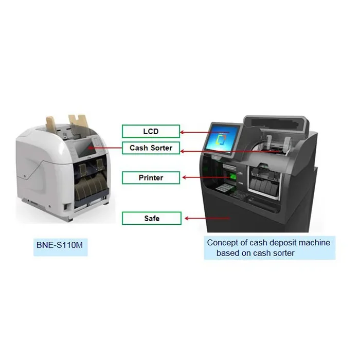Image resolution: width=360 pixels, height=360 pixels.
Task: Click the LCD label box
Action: [151, 132]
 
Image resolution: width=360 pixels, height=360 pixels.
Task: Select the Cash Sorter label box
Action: [151, 148]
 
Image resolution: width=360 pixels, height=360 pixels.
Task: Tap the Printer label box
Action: [151, 178]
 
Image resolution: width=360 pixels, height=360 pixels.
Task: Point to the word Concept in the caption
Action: [222, 242]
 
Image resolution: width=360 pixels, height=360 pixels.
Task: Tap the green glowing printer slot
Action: [233, 177]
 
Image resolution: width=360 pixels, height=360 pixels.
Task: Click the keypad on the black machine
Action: [223, 187]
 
